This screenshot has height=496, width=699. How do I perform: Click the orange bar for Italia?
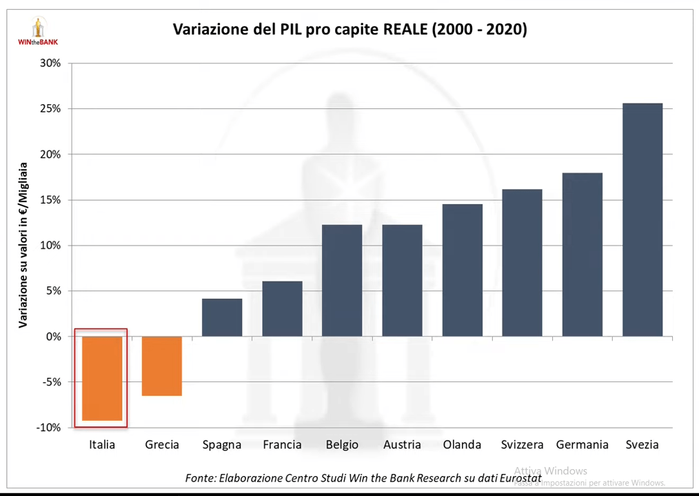(x=102, y=378)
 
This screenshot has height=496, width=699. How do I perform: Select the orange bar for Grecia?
(x=162, y=366)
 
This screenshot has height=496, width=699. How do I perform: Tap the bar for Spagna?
(x=222, y=317)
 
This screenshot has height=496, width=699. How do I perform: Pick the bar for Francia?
(x=282, y=308)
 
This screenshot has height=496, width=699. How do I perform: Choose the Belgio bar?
(x=342, y=280)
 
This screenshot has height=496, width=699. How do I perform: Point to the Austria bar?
(x=402, y=280)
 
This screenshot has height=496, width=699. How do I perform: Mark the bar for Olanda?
(x=462, y=270)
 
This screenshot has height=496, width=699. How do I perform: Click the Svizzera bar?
(x=522, y=262)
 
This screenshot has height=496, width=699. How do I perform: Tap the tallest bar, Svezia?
(x=642, y=219)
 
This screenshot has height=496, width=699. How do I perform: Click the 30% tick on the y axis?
(x=50, y=63)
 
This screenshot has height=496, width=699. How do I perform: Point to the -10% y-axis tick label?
(x=48, y=428)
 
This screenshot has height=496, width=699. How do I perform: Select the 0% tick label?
(x=53, y=337)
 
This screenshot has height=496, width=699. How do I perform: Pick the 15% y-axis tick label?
(x=50, y=200)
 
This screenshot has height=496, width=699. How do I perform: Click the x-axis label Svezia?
(x=642, y=444)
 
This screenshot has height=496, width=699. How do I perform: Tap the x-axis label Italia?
(x=102, y=444)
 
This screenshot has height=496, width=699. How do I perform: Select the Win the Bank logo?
(x=37, y=31)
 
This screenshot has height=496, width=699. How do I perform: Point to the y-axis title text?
(x=23, y=245)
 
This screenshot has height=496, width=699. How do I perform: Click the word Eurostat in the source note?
(x=518, y=477)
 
